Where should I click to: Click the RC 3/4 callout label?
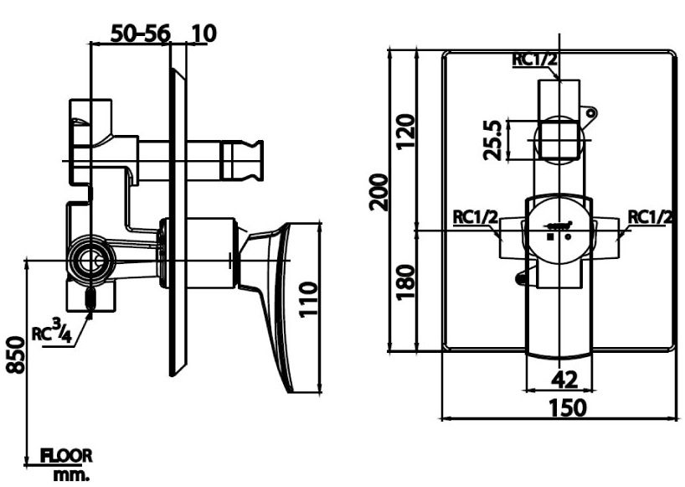[52, 332]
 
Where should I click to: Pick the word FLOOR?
[67, 457]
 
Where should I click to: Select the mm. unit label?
[72, 475]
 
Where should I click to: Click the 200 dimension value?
[379, 193]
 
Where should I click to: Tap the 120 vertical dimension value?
[405, 131]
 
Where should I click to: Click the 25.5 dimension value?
[494, 139]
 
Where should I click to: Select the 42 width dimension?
[565, 379]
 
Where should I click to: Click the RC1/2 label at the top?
[535, 59]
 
